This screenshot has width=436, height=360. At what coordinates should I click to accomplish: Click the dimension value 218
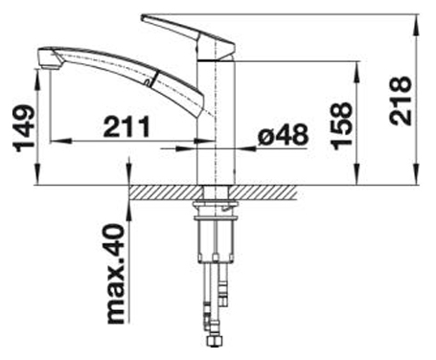pos(400,101)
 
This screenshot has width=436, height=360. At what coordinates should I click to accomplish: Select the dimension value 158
pos(342,125)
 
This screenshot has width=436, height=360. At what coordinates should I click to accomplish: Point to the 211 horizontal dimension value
pos(126,126)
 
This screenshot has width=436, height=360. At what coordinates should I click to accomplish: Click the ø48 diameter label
pos(284,135)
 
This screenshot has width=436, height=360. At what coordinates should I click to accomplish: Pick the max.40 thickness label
pos(115,274)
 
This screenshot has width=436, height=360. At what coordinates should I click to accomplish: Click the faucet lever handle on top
pos(189,36)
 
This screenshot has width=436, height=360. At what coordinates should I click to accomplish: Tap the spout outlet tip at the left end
pos(49,58)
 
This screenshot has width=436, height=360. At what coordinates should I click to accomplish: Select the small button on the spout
pos(148,82)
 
